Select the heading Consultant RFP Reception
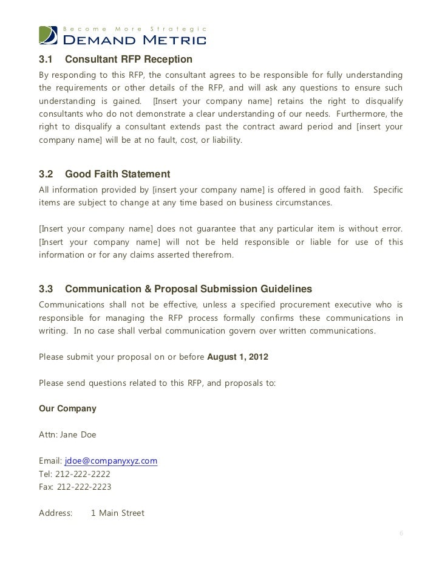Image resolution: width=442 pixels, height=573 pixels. [x=128, y=60]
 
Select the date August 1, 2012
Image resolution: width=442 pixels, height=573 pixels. [x=237, y=357]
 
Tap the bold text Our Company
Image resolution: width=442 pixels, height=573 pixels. [x=67, y=409]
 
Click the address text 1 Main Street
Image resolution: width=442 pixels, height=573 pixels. [x=118, y=513]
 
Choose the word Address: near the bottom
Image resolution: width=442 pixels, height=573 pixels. [x=55, y=513]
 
